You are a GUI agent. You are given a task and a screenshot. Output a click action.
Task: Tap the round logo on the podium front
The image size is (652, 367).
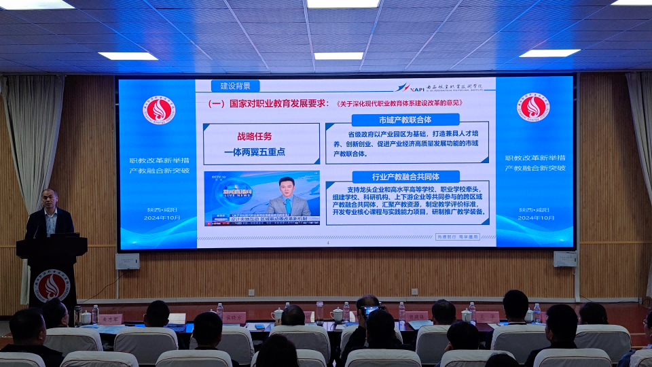(52, 285)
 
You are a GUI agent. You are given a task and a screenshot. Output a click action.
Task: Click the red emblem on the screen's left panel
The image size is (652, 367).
(159, 109)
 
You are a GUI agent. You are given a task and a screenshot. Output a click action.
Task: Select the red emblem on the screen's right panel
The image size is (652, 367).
(533, 108)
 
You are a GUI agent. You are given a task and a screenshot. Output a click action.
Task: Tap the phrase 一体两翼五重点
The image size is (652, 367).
(255, 152)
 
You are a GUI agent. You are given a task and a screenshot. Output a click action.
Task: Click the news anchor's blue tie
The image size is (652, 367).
(288, 205)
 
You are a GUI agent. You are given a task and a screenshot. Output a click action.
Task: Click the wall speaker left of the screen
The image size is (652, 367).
(128, 261)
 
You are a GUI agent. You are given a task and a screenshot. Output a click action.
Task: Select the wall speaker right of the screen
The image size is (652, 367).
(564, 259)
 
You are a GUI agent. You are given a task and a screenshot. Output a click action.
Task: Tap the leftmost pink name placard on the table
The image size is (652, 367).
(110, 319)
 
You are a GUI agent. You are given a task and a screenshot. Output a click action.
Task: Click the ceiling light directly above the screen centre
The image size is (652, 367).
(338, 56)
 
